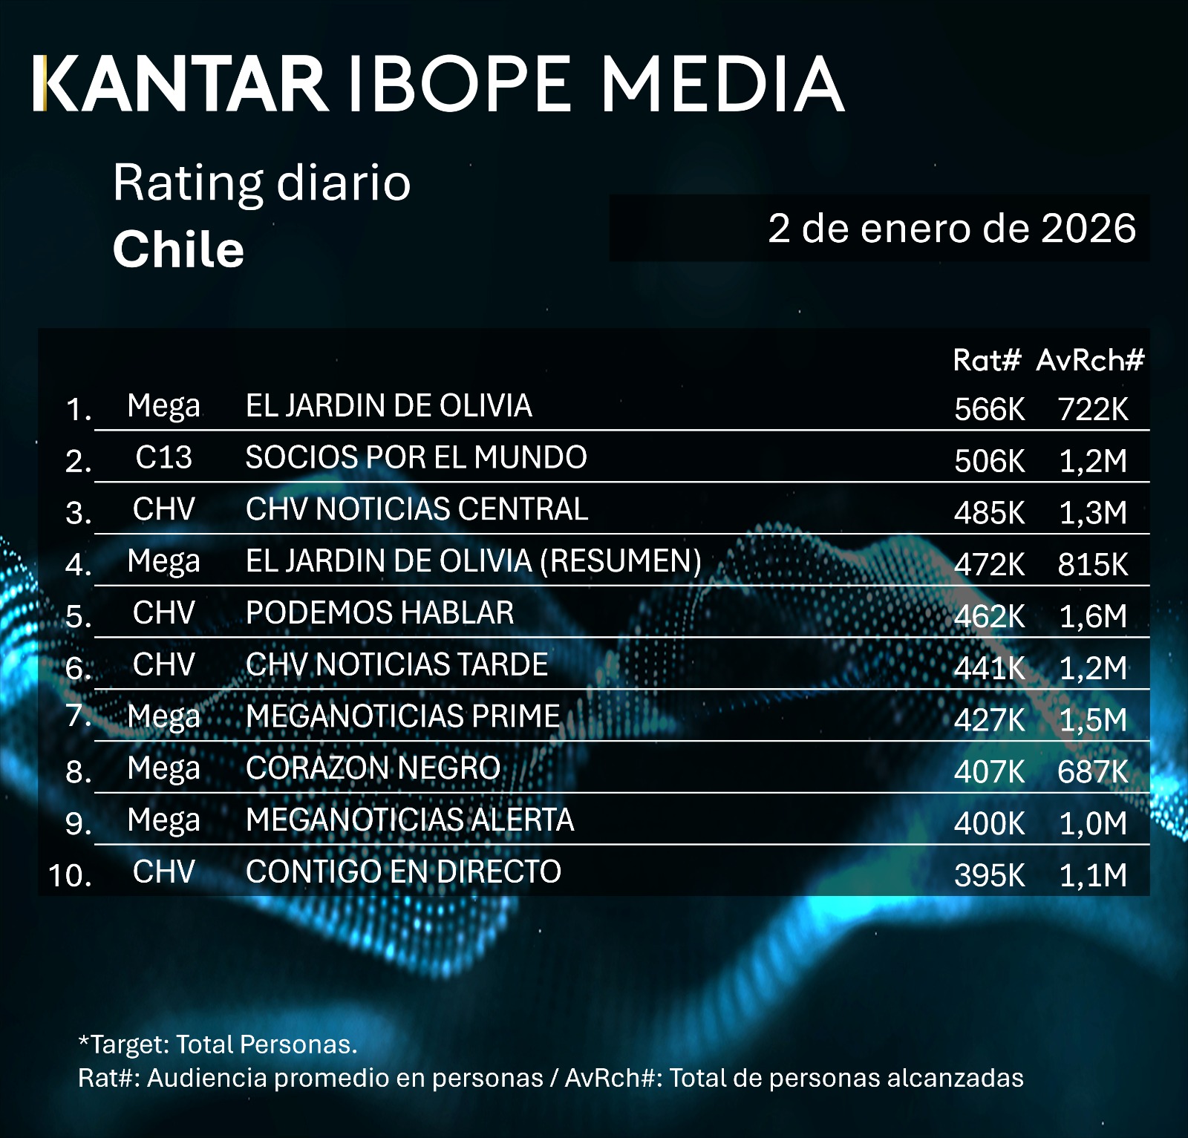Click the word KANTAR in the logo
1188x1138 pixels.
pyautogui.click(x=182, y=83)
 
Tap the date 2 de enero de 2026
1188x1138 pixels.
pyautogui.click(x=951, y=228)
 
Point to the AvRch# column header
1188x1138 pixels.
pyautogui.click(x=1090, y=360)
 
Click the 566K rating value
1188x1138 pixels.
pyautogui.click(x=989, y=409)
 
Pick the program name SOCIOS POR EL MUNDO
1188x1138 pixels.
pyautogui.click(x=416, y=457)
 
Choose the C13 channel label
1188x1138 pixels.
pyautogui.click(x=163, y=457)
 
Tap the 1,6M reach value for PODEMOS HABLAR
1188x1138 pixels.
pyautogui.click(x=1093, y=616)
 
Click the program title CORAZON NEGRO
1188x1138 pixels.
pyautogui.click(x=373, y=768)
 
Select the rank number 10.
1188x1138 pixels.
pyautogui.click(x=70, y=875)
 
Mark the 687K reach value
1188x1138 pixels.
pyautogui.click(x=1092, y=772)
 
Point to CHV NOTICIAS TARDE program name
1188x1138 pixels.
pyautogui.click(x=396, y=664)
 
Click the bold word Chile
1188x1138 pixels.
pyautogui.click(x=178, y=249)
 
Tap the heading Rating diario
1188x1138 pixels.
pyautogui.click(x=261, y=183)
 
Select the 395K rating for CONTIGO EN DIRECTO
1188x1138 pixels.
pyautogui.click(x=989, y=875)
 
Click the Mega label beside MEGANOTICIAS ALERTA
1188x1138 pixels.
pyautogui.click(x=163, y=820)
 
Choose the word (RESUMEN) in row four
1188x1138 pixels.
pyautogui.click(x=621, y=561)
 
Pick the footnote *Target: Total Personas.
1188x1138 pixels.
pyautogui.click(x=218, y=1044)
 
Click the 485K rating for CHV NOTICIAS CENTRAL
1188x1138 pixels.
pyautogui.click(x=989, y=513)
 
